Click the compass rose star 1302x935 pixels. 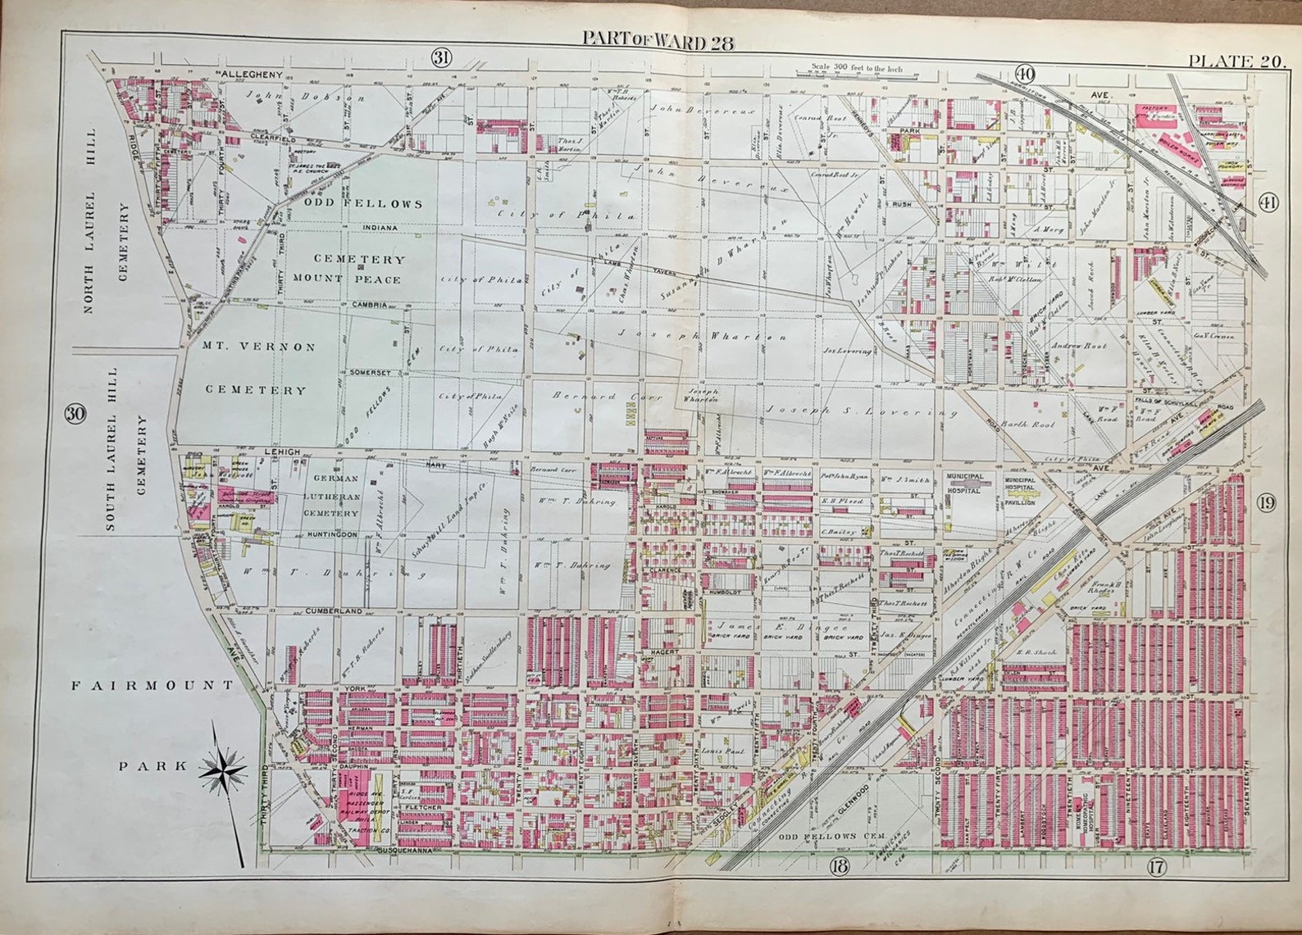tap(224, 769)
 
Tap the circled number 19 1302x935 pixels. tap(1266, 503)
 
